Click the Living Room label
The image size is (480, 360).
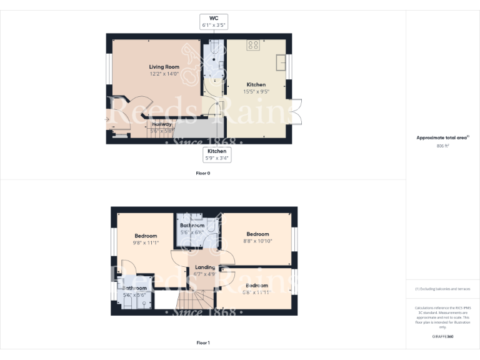click(164, 67)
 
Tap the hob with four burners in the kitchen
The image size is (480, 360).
click(254, 45)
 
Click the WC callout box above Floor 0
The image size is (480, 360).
click(213, 22)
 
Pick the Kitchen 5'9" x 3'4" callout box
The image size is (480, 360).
click(217, 154)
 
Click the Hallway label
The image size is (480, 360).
click(161, 124)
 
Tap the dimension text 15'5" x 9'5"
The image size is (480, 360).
click(256, 91)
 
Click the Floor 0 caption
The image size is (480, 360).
click(202, 172)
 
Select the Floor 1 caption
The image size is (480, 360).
click(202, 342)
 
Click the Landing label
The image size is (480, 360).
click(205, 267)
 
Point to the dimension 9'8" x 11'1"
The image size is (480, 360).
click(145, 242)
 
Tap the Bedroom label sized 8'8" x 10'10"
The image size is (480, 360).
click(257, 234)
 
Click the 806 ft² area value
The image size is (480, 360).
click(442, 145)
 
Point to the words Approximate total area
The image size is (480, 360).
click(441, 137)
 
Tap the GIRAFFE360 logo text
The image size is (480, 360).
click(442, 337)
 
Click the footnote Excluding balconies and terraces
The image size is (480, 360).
click(442, 289)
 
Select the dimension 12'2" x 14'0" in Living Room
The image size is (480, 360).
click(164, 74)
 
